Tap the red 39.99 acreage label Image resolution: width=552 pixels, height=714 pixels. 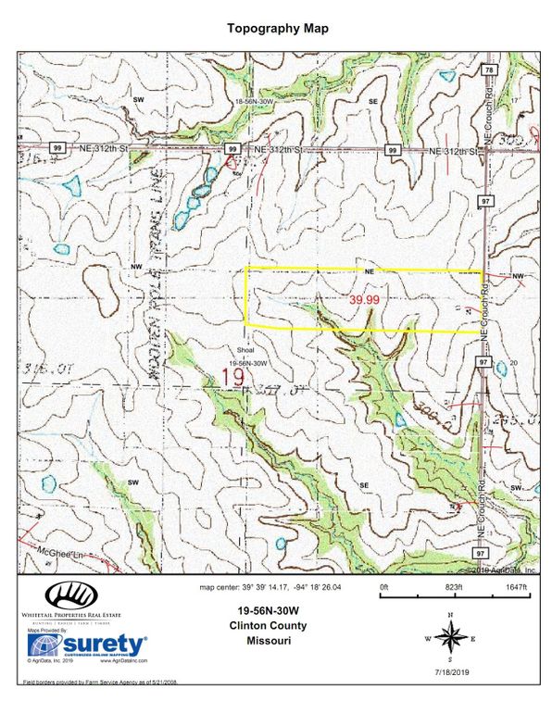(x=364, y=300)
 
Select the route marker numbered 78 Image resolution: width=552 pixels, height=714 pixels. (x=487, y=70)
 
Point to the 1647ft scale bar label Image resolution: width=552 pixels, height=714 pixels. (x=516, y=588)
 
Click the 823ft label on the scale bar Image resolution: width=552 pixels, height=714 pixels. (x=453, y=588)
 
